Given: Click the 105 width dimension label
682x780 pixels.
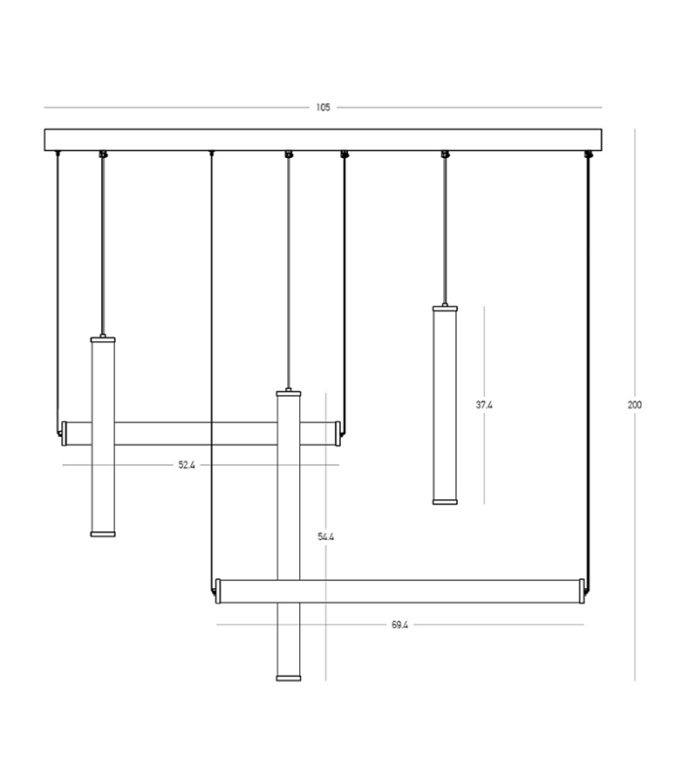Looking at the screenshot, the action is coord(323,107).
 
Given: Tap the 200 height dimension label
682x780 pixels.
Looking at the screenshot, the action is coord(635,405).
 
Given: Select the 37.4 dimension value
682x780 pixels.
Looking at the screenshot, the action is coord(484,405).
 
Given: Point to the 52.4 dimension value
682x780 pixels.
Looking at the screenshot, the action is coord(187,465).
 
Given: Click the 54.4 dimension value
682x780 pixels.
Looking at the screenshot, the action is coord(326,537).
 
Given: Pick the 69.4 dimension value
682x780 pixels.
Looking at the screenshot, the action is coord(399,625).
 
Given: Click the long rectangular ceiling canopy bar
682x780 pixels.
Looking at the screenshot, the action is coord(323,139).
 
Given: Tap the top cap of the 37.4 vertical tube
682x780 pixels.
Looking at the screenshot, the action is coord(445,309).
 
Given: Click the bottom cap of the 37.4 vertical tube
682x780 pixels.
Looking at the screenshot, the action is coord(445,502).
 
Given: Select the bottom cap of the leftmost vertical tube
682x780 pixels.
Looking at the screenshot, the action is coord(103,534).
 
